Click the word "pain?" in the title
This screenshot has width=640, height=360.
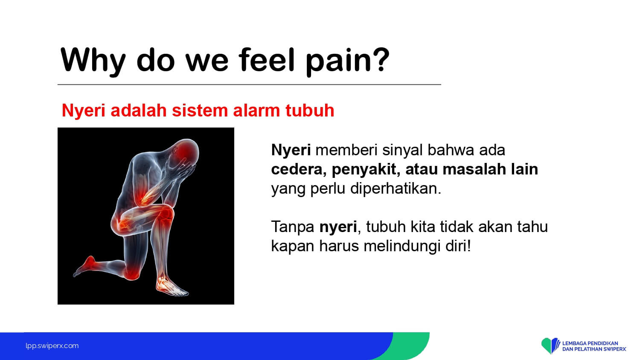347,62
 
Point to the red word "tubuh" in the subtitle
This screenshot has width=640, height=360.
310,110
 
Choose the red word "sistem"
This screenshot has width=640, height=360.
200,110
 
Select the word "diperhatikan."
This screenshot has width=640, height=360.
396,189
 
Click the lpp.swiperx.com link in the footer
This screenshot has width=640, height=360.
52,346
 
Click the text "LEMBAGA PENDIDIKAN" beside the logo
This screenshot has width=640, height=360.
590,343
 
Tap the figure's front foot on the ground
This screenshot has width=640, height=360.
172,287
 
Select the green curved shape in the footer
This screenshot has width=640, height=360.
411,346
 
